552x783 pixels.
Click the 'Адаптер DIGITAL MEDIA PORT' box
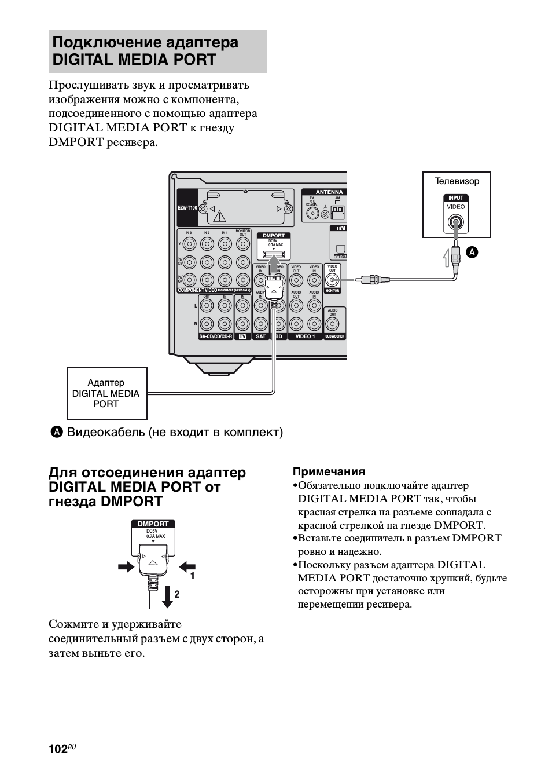coord(106,393)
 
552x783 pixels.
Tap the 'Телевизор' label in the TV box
coord(457,181)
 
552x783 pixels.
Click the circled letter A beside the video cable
coord(472,251)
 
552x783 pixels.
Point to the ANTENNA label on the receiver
coord(329,192)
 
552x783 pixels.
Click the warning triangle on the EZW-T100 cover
coord(219,217)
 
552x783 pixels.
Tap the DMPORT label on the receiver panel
coord(274,236)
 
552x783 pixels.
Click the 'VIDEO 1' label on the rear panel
coord(305,336)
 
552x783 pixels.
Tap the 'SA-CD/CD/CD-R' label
coord(215,336)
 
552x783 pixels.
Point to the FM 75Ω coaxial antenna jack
coord(312,214)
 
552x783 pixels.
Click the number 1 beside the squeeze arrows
coord(193,576)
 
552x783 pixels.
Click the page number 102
coord(58,749)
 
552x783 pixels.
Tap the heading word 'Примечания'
coord(329,471)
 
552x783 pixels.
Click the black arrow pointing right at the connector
coord(125,567)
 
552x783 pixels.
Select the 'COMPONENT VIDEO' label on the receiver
coord(197,290)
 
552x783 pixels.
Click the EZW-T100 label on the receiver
coord(187,208)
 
